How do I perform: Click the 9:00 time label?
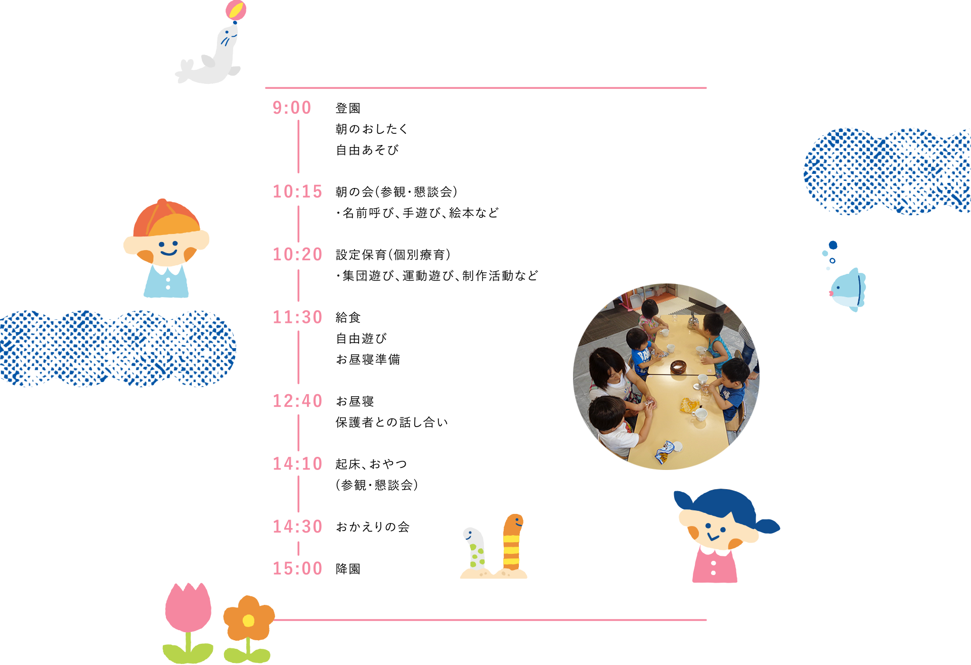293,107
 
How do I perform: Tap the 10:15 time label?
297,192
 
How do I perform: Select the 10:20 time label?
297,254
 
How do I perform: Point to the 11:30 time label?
297,317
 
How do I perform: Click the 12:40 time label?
297,401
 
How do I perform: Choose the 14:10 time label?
297,464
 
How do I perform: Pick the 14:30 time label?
297,527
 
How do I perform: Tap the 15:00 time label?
297,568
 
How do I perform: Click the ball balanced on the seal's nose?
236,10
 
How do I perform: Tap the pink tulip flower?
188,606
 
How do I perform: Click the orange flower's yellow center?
248,621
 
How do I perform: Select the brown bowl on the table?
678,366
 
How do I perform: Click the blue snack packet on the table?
665,452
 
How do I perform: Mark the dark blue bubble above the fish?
833,246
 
